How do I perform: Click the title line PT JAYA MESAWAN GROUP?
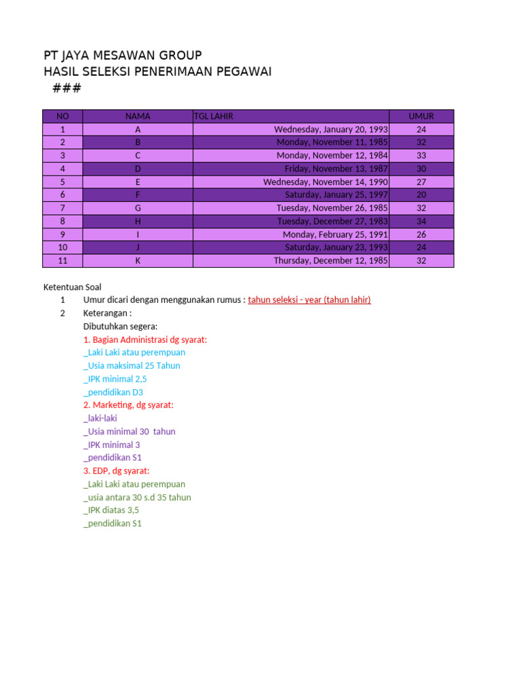[x=122, y=56]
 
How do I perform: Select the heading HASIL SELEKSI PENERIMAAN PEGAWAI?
[x=157, y=72]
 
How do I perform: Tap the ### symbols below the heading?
[x=66, y=89]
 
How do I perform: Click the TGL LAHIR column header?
[x=214, y=116]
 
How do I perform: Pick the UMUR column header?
[x=421, y=116]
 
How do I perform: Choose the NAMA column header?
[x=138, y=116]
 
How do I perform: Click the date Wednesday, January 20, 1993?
[x=331, y=129]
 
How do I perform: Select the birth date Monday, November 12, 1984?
[x=332, y=155]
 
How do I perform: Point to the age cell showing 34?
[x=421, y=221]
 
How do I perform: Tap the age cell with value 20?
[x=421, y=195]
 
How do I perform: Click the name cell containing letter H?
[x=138, y=221]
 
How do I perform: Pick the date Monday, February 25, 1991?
[x=335, y=234]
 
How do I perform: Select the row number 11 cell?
[x=62, y=260]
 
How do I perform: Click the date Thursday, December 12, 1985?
[x=331, y=260]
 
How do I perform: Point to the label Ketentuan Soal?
[x=72, y=287]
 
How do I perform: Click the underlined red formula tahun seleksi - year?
[x=309, y=300]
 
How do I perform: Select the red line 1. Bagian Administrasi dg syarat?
[x=145, y=340]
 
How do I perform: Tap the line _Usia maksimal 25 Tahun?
[x=132, y=365]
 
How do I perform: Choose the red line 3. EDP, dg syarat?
[x=117, y=471]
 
